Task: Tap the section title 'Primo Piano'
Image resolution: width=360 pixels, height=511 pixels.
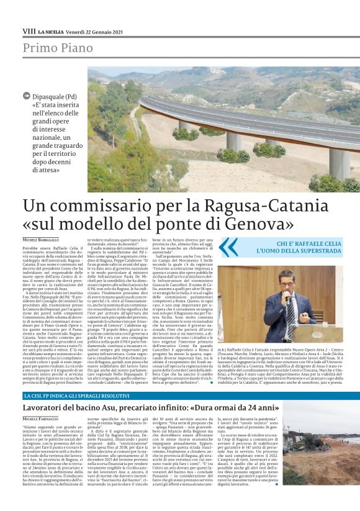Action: coord(54,48)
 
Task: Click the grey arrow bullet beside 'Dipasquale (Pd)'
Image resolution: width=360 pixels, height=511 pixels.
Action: coord(25,96)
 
